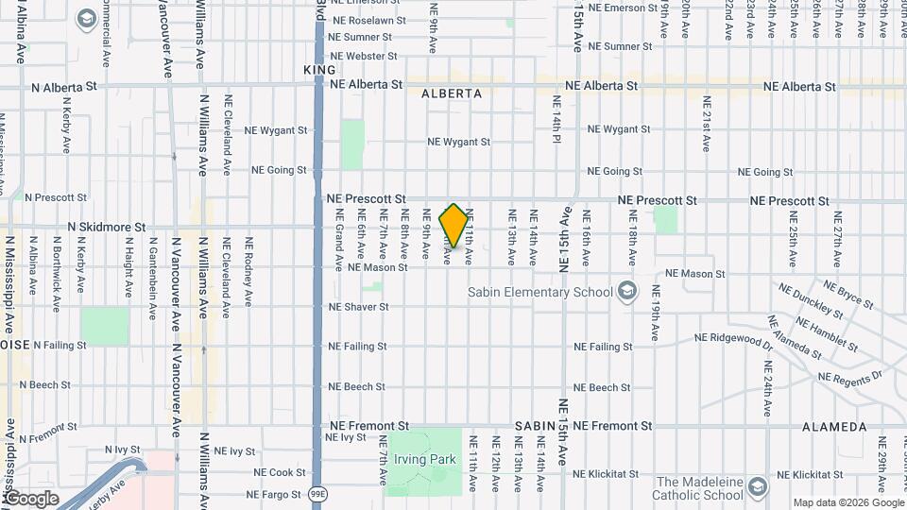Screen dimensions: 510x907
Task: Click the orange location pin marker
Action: tap(453, 226)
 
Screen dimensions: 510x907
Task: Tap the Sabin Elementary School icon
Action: tap(625, 292)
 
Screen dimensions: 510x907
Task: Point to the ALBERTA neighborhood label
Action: tap(452, 93)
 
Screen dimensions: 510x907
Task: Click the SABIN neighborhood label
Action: tap(534, 427)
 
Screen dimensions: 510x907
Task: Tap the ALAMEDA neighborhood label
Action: tap(834, 427)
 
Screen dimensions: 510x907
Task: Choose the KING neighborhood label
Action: tap(319, 70)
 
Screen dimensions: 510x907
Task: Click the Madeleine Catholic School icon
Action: tap(756, 487)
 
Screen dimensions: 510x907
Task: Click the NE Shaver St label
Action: tap(358, 307)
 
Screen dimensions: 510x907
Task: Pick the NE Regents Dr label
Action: tap(849, 377)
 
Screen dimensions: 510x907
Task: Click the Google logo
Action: tap(30, 498)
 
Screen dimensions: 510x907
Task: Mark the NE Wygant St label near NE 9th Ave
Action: tap(458, 142)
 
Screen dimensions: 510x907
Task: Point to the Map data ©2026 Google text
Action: tap(847, 502)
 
